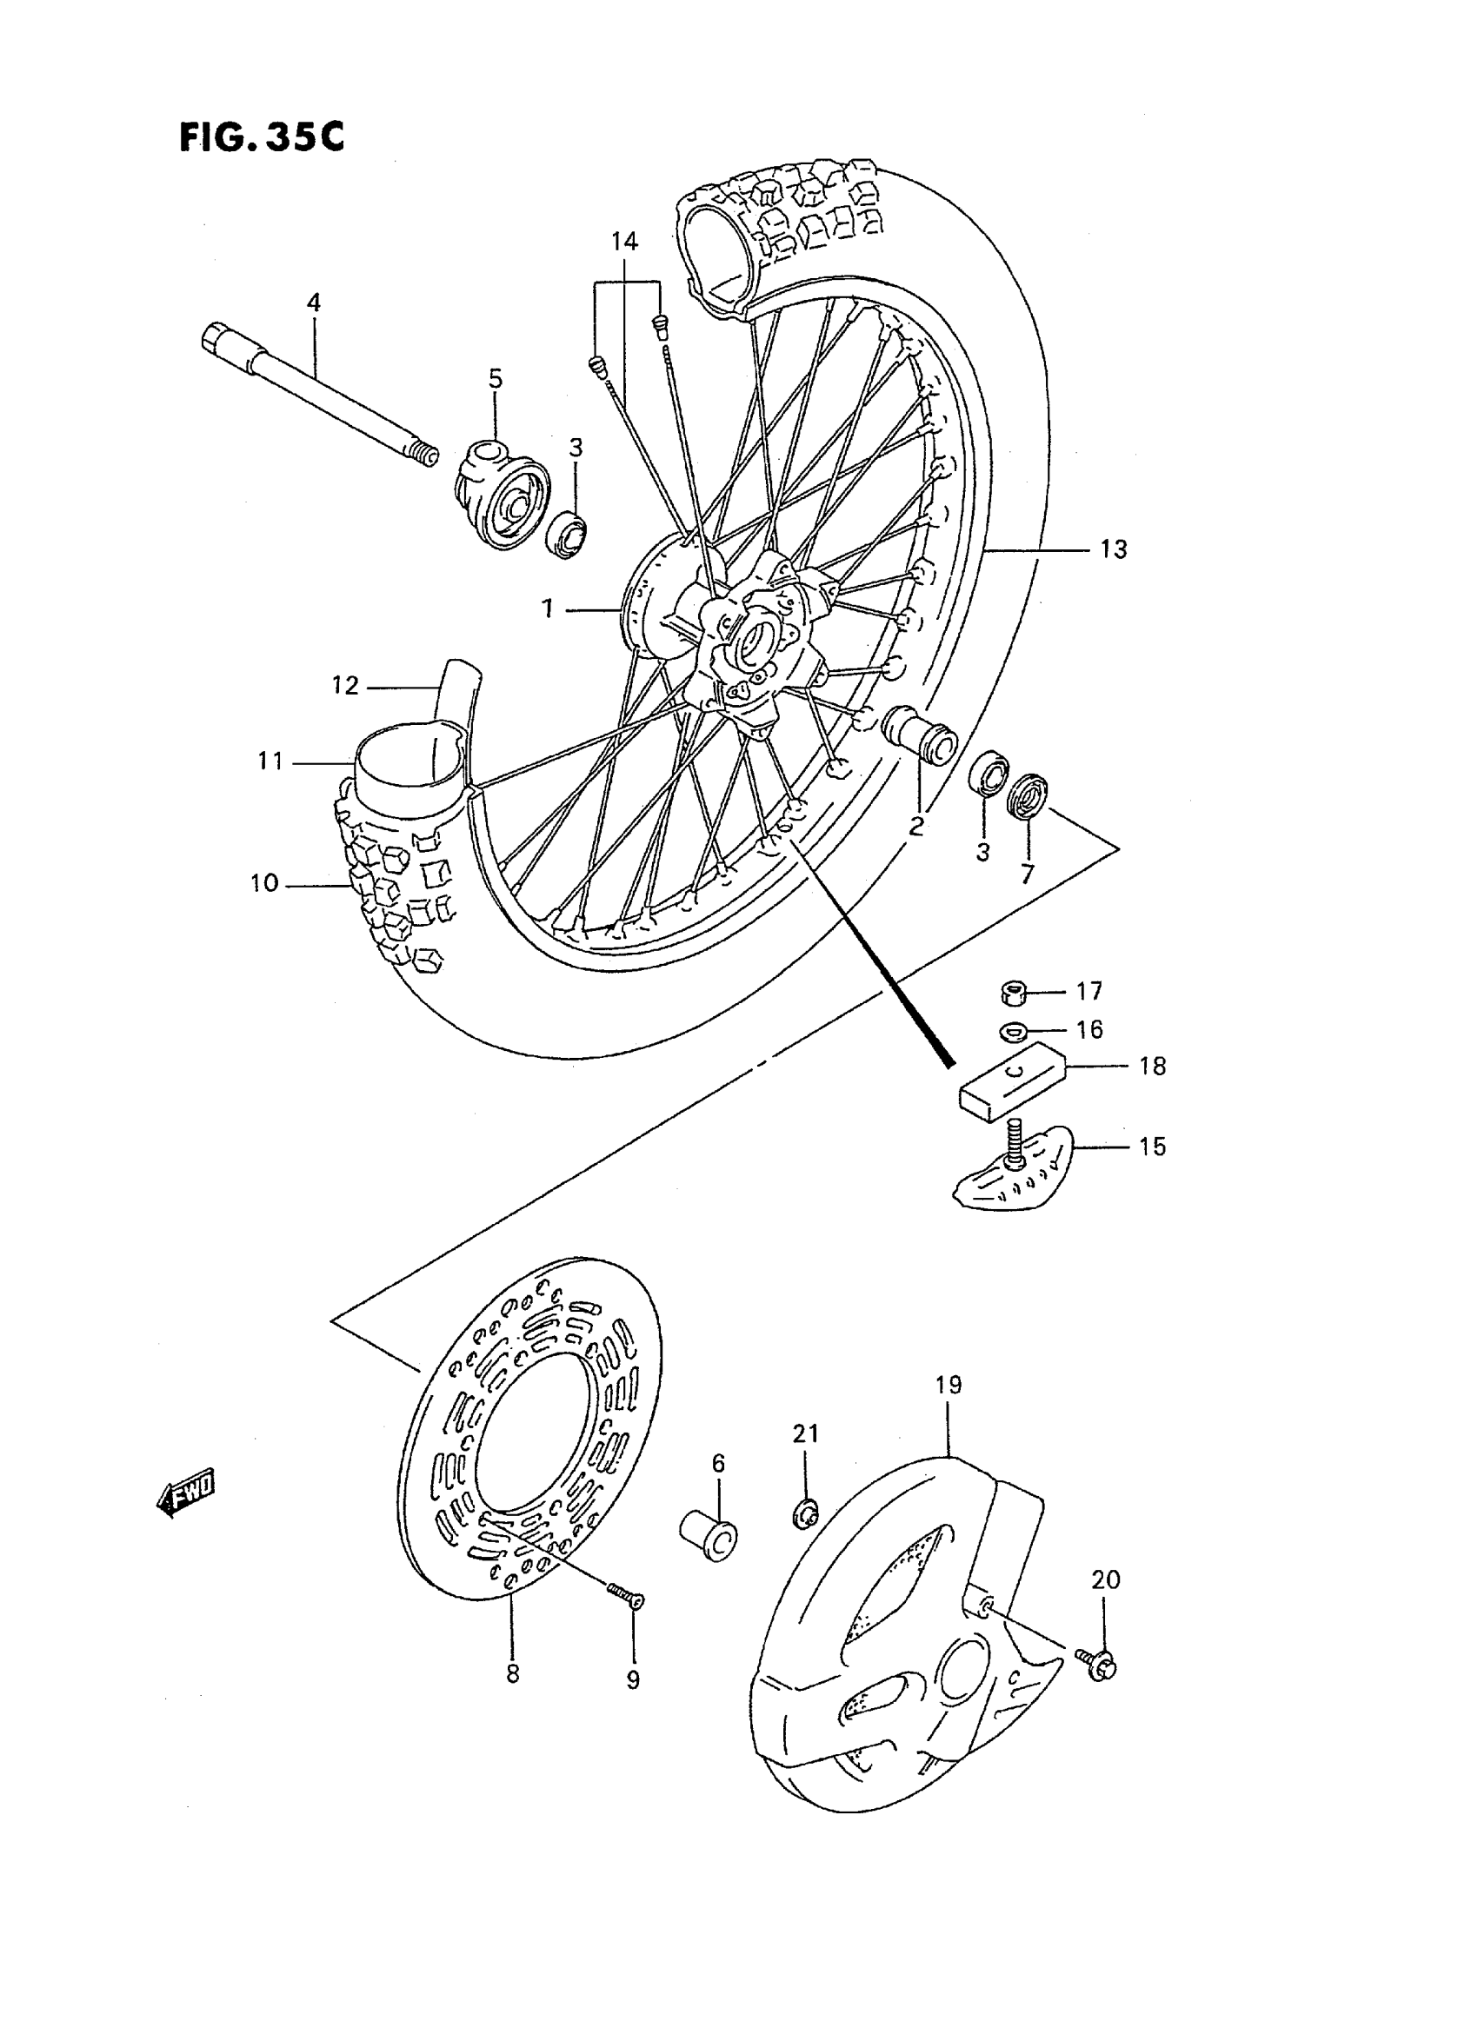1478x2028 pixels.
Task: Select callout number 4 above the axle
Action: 313,303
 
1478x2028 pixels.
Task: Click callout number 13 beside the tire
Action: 1113,549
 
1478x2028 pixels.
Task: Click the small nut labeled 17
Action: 1012,992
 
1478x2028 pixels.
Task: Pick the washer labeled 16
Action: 1011,1031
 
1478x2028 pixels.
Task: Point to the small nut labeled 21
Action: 805,1512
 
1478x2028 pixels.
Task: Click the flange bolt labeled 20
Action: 1103,1662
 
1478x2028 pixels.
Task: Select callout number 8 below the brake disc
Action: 512,1672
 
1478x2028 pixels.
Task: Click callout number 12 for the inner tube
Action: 344,685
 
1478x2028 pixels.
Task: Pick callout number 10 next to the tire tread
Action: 264,884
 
